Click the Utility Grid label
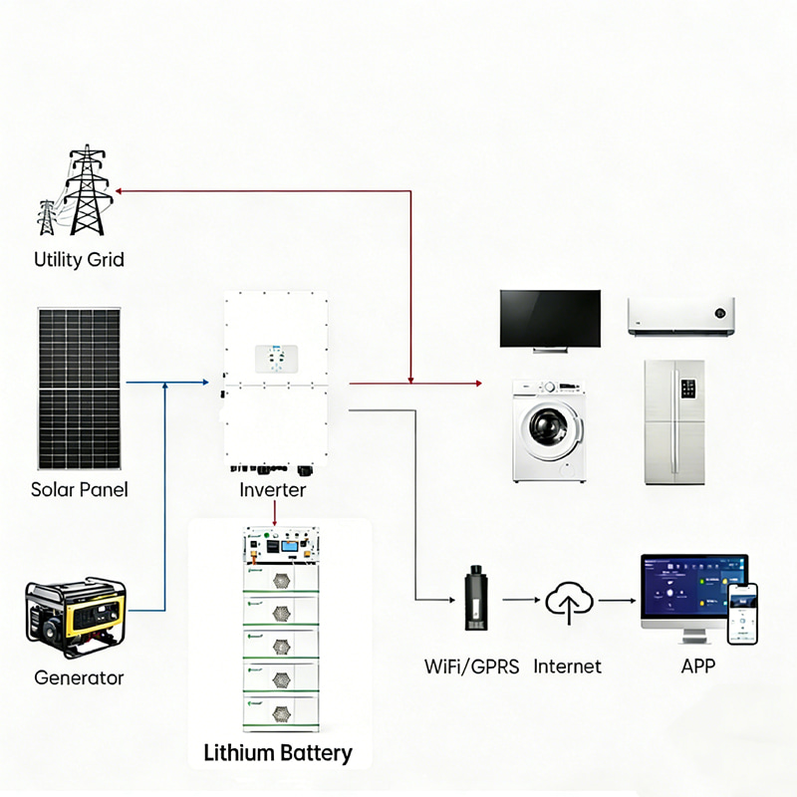point(79,260)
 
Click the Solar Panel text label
point(79,490)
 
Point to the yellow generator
point(75,618)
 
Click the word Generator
point(79,678)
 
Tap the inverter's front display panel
point(273,358)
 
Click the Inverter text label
point(273,490)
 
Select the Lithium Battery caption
point(278,752)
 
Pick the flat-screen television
point(550,319)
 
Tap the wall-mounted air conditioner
point(680,315)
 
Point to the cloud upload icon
point(569,602)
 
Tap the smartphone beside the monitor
point(741,614)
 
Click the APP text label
point(697,666)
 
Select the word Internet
point(568,666)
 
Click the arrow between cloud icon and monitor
point(617,600)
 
